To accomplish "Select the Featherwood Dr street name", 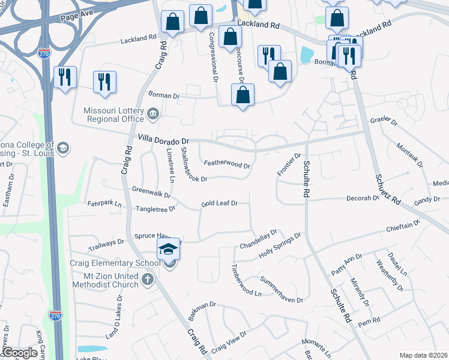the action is tap(226, 163).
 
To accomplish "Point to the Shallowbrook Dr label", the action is tap(194, 164).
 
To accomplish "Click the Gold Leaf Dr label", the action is tap(220, 203).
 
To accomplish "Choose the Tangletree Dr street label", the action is tap(155, 208).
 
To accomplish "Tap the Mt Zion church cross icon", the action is tap(148, 279).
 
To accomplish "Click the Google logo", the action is tap(19, 353).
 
